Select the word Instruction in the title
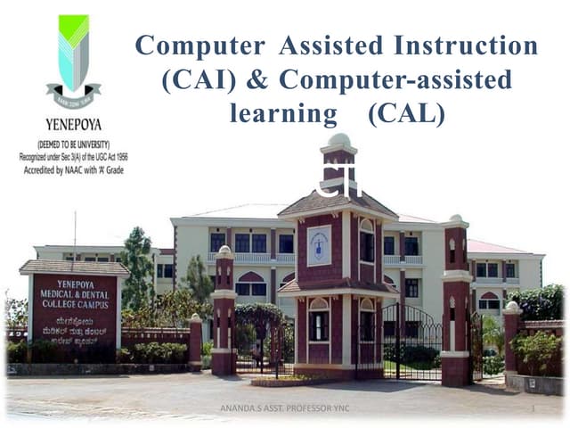pos(471,45)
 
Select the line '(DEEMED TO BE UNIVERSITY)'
pos(73,144)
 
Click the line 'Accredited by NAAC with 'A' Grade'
pos(73,169)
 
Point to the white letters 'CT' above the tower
pos(338,184)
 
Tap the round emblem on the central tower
pos(319,243)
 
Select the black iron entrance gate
pos(411,339)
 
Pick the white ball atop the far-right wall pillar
pos(512,307)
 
